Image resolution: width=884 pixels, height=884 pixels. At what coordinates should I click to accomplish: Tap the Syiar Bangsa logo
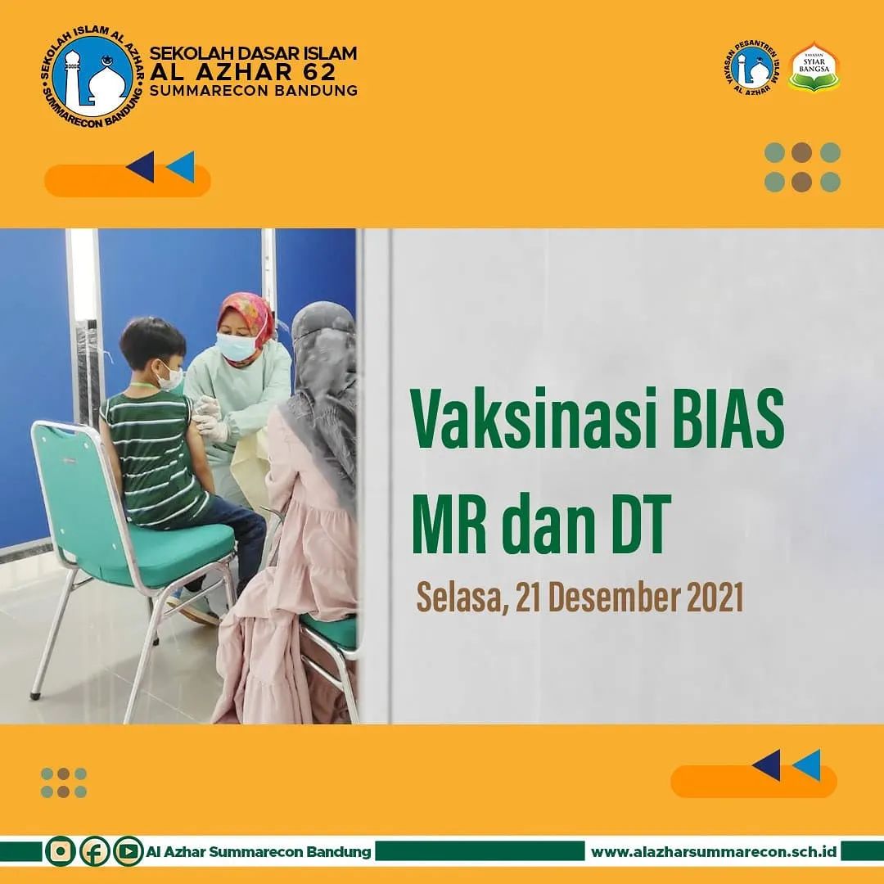point(815,68)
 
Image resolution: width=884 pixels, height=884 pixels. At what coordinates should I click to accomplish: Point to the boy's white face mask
point(170,377)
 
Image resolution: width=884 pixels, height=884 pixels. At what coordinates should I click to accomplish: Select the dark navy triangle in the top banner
point(141,166)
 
